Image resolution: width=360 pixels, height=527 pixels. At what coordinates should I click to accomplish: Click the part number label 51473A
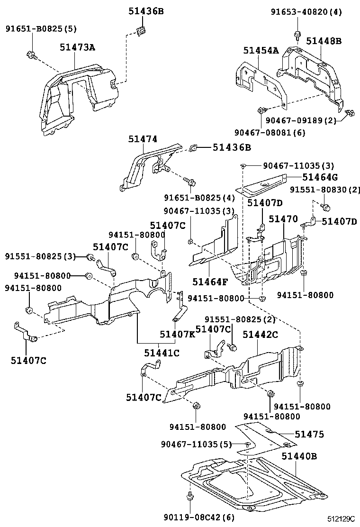(x=77, y=47)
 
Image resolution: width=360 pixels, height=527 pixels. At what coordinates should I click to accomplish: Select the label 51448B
(x=324, y=41)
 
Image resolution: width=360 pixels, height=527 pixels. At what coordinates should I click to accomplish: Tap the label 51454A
(x=261, y=50)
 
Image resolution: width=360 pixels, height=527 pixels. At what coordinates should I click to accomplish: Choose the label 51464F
(x=210, y=282)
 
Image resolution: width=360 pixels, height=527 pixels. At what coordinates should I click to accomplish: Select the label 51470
(x=283, y=219)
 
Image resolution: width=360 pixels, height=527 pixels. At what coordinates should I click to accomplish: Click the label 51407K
(x=177, y=334)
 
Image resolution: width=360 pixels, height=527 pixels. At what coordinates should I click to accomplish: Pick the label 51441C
(x=162, y=353)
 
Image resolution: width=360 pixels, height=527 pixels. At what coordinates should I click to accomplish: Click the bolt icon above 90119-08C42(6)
(x=190, y=497)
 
